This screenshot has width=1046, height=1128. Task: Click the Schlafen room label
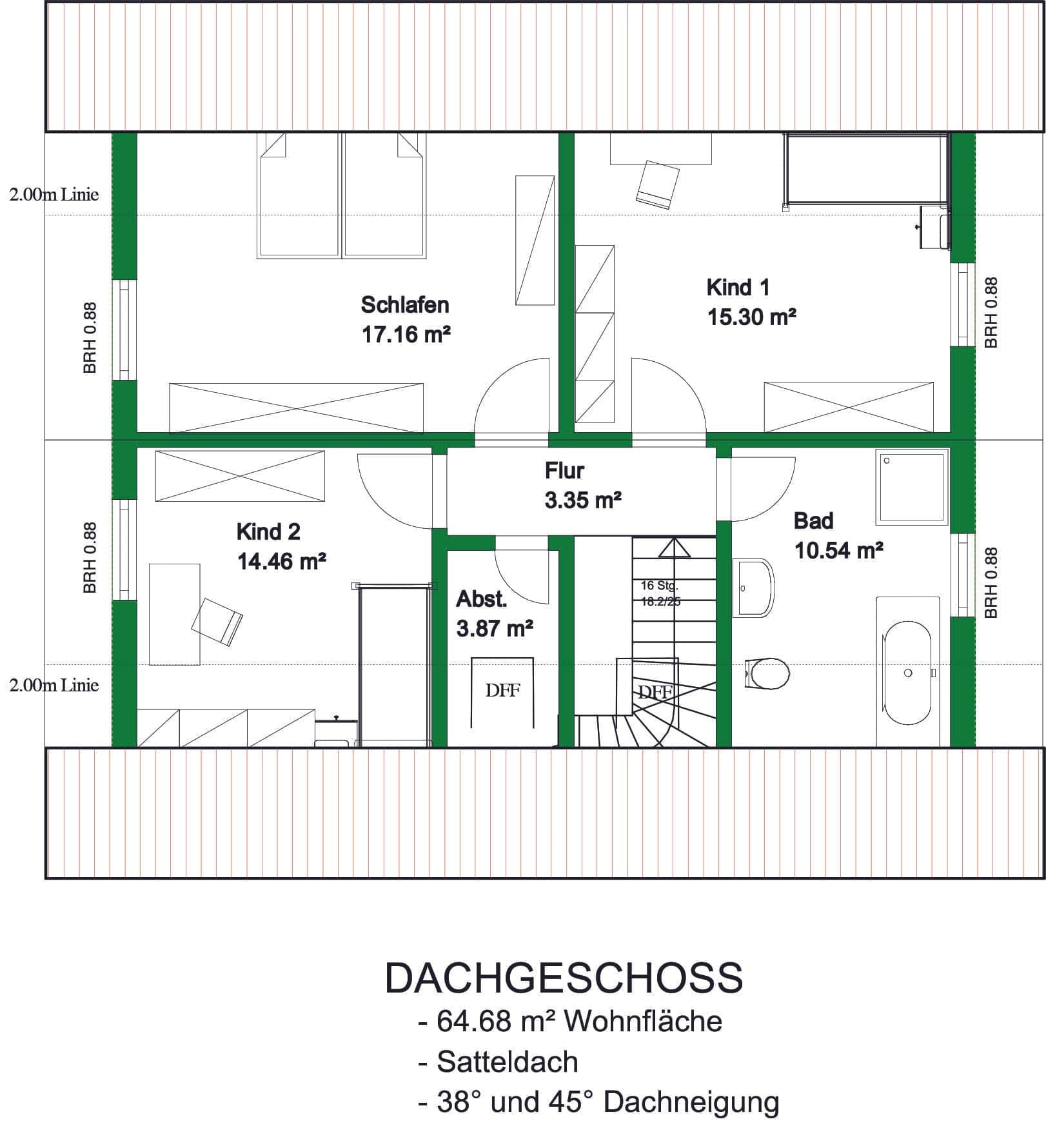[x=405, y=304]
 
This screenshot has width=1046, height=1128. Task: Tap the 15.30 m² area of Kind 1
[x=751, y=317]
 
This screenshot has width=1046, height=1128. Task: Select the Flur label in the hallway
[x=564, y=471]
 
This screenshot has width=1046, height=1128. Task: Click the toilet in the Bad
[x=767, y=673]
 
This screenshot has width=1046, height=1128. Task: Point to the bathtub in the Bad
[x=907, y=673]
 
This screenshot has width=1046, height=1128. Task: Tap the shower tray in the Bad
[x=912, y=487]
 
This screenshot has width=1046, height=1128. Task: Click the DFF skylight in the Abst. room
[x=502, y=691]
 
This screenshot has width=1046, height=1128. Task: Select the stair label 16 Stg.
[x=659, y=586]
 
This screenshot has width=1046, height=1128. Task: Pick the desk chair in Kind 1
[x=658, y=184]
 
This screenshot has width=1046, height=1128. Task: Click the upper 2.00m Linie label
[x=54, y=195]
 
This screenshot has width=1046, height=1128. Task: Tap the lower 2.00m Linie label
[x=54, y=685]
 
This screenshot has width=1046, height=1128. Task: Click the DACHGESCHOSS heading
[x=564, y=978]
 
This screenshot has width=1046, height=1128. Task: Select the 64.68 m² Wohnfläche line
[x=570, y=1022]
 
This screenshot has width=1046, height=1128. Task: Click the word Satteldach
[x=508, y=1062]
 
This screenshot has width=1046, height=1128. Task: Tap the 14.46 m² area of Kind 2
[x=281, y=562]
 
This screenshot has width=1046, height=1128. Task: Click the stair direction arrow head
[x=674, y=548]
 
